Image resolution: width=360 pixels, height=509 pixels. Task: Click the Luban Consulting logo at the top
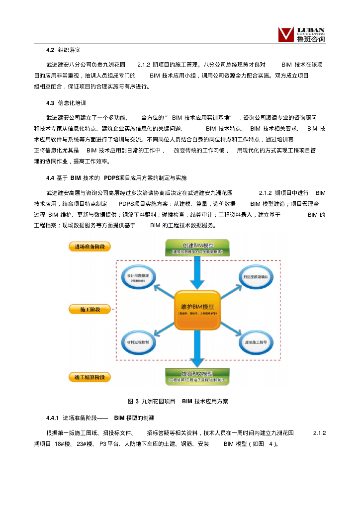(x=301, y=34)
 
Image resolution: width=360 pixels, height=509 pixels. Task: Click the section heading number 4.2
(x=50, y=50)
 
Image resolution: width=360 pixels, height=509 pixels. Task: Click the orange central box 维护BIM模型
(x=197, y=310)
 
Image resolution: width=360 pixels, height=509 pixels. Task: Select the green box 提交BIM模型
(x=197, y=376)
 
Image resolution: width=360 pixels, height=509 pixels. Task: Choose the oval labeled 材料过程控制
(x=138, y=342)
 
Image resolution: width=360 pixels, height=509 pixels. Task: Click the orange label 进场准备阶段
(x=90, y=247)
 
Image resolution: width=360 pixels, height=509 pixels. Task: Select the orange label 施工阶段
(x=90, y=310)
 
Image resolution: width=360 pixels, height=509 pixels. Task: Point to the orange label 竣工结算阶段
(x=90, y=377)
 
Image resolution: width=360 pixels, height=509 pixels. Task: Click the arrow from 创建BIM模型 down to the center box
(x=197, y=273)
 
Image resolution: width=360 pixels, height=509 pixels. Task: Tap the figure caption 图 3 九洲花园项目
(x=151, y=401)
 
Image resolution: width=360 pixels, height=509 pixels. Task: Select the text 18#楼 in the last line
(x=63, y=443)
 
